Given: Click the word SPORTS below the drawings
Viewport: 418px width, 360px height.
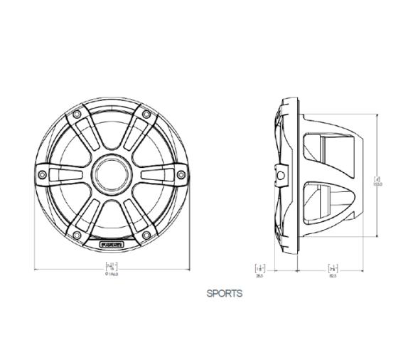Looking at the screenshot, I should coord(224,293).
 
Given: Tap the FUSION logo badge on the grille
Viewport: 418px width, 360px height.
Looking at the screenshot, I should coord(112,245).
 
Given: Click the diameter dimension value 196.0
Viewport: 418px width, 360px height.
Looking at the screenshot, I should coord(112,274).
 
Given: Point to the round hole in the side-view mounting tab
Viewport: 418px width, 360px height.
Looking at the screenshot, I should coord(282,171).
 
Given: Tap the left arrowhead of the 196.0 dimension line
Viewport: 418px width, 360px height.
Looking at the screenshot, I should coord(36,269).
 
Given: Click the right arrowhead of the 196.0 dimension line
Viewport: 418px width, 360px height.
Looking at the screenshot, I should coord(188,269).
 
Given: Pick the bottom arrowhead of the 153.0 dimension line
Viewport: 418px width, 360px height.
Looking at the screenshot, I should coord(377,236).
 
